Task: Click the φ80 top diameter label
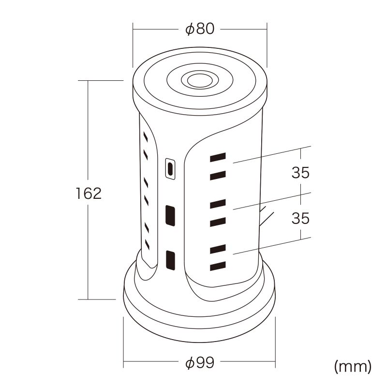(200, 29)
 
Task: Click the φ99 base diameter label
(200, 362)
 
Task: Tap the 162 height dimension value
(89, 193)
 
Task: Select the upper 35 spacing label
(300, 173)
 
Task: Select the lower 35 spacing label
(300, 218)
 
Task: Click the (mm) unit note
(353, 367)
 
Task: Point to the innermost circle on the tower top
(200, 80)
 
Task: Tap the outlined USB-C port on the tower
(170, 169)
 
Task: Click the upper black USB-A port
(170, 215)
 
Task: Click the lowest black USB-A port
(170, 260)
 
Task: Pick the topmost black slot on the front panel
(218, 157)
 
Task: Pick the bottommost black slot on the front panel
(218, 266)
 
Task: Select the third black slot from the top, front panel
(218, 204)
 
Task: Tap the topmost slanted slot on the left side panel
(146, 137)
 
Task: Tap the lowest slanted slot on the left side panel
(148, 244)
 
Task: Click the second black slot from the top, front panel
(218, 176)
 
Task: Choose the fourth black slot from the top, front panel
(218, 222)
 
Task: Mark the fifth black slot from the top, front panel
(218, 249)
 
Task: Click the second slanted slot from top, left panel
(146, 154)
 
